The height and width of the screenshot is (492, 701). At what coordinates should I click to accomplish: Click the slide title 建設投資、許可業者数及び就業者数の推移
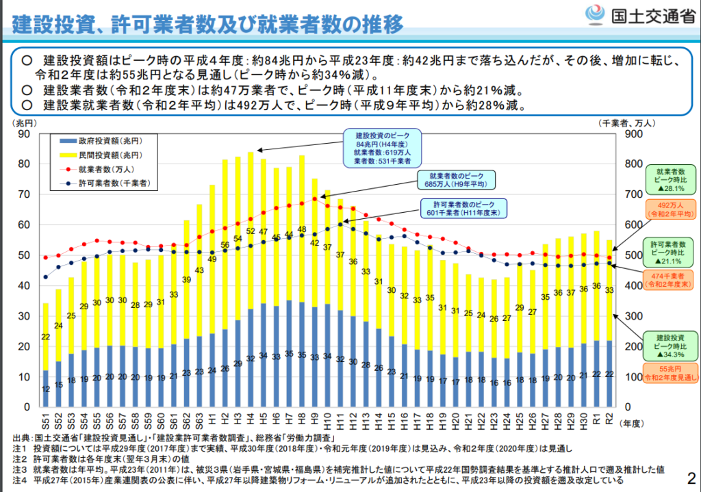click(x=208, y=26)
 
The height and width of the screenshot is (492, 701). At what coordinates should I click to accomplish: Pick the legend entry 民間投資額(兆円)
click(x=103, y=154)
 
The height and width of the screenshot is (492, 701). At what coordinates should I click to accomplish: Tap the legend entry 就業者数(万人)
click(x=103, y=168)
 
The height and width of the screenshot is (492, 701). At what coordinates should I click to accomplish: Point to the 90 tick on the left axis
click(x=26, y=134)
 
